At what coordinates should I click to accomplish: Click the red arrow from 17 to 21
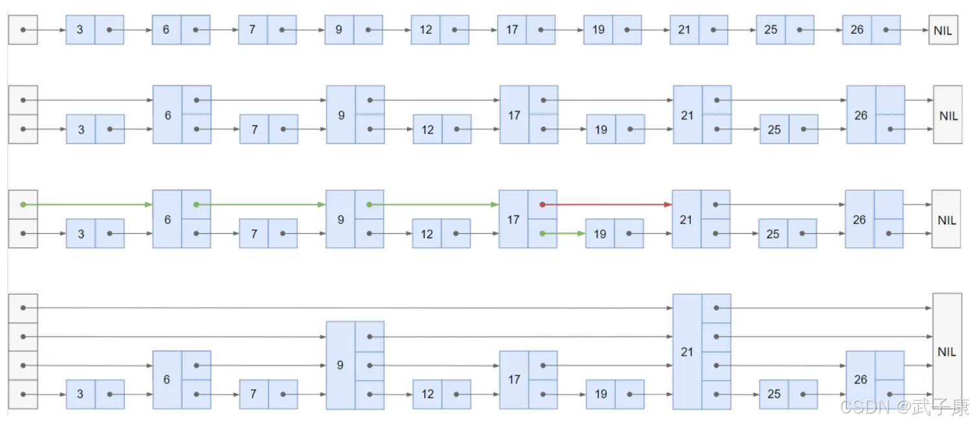[606, 205]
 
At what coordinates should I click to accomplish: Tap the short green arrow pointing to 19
[564, 234]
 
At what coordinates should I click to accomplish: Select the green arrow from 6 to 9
[259, 205]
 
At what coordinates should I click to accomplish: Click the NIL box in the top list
[943, 30]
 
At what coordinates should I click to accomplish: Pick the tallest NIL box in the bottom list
[947, 351]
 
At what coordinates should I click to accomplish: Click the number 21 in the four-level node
[687, 351]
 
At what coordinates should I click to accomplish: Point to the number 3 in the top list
[80, 30]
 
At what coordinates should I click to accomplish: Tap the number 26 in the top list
[857, 30]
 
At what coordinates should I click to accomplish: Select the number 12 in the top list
[426, 30]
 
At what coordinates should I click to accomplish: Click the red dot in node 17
[542, 205]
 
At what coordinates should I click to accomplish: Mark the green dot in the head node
[23, 205]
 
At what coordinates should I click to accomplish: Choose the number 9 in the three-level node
[340, 365]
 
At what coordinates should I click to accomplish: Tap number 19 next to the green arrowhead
[600, 234]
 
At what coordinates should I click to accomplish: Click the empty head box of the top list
[23, 30]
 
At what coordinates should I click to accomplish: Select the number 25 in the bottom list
[773, 394]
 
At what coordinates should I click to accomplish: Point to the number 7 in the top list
[253, 30]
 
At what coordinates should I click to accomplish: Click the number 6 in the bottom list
[167, 379]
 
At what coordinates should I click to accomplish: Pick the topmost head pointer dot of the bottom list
[23, 308]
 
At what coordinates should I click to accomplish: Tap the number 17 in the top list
[512, 30]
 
